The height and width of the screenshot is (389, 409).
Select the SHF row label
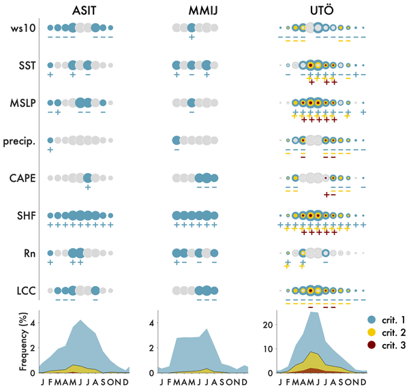27,216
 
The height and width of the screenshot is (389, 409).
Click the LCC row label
27,291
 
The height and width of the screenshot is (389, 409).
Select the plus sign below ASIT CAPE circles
88,187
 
